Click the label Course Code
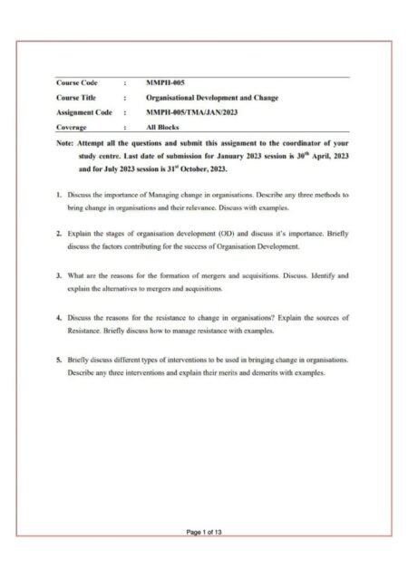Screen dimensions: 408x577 coord(76,82)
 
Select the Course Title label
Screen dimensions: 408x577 coord(76,97)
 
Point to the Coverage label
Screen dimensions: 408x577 coord(72,128)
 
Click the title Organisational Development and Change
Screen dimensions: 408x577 coord(212,97)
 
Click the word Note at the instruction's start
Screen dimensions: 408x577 coord(63,143)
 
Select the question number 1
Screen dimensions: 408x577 coord(58,195)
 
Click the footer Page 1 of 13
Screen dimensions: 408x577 coord(204,532)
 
